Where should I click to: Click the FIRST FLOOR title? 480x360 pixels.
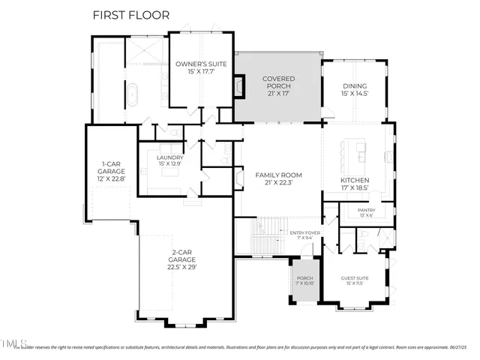pos(131,14)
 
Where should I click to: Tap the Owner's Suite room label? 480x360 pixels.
pos(196,68)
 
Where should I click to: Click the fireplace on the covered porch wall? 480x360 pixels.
pos(239,88)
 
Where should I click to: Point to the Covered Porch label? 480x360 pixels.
pos(278,82)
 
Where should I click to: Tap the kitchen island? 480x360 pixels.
pos(352,154)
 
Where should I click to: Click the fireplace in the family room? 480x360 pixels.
pos(238,179)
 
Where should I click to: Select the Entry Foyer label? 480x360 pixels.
pos(304,235)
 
